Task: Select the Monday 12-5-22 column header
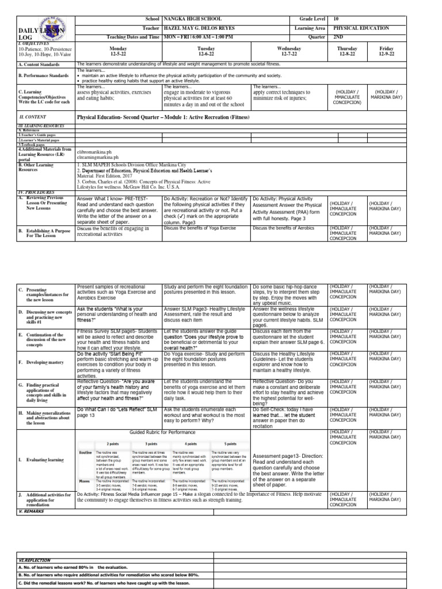tap(118, 52)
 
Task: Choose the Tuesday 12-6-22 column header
tap(206, 52)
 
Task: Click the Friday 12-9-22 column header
tap(390, 52)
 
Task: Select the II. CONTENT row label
tap(32, 116)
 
